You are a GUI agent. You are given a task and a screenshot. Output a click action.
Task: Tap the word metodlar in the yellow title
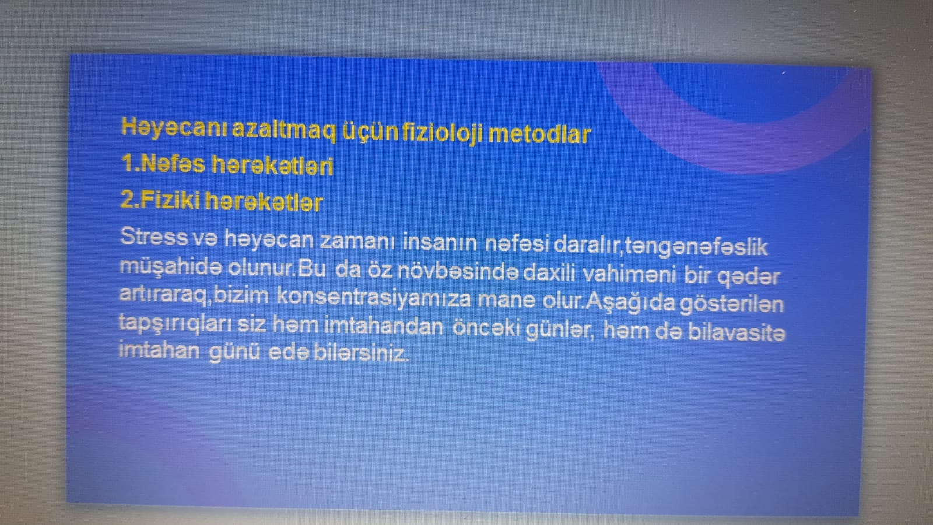click(539, 135)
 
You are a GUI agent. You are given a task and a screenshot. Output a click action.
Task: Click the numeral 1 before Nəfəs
click(127, 163)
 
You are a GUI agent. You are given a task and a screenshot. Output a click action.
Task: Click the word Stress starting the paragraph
click(154, 236)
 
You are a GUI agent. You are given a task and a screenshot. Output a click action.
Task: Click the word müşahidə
click(170, 267)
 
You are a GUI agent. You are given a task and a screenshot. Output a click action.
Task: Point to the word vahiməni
click(629, 274)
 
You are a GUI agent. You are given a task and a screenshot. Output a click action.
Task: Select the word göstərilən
click(731, 304)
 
